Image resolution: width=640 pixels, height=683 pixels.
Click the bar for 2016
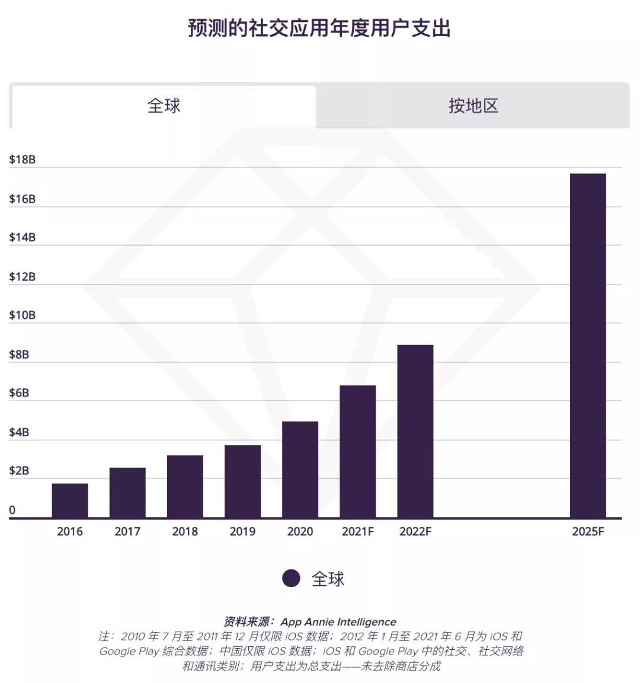pos(70,501)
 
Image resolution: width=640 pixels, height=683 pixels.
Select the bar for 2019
pos(242,481)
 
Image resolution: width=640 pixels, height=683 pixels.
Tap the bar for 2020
pos(300,469)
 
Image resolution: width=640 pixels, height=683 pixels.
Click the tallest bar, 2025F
pos(588,346)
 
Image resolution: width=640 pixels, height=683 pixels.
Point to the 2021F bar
pos(357,452)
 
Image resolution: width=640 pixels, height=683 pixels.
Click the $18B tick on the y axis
pos(22,160)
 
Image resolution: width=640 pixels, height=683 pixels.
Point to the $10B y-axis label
pos(22,315)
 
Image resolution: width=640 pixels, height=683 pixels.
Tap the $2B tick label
pos(19,471)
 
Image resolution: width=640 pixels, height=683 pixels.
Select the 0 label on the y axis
pos(12,510)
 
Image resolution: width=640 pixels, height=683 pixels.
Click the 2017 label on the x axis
pos(127,531)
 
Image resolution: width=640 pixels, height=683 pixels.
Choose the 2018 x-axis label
pos(185,531)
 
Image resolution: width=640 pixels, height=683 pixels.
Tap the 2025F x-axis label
pos(588,531)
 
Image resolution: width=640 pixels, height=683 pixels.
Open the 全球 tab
pos(164,107)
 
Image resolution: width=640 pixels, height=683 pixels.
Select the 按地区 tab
pos(473,107)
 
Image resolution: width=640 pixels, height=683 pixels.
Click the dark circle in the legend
pos(291,578)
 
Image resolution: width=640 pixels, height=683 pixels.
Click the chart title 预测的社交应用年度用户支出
pos(319,28)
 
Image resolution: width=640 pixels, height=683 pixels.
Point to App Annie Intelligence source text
pos(338,621)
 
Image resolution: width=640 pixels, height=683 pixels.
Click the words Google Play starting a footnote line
pos(129,651)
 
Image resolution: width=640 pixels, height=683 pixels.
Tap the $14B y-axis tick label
pos(22,238)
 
